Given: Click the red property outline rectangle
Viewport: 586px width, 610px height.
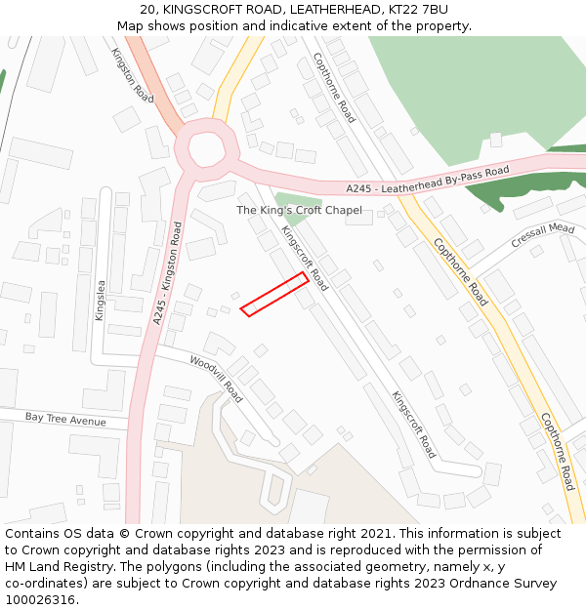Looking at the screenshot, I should click(274, 295).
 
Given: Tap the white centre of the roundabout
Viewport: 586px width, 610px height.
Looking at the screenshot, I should click(207, 148).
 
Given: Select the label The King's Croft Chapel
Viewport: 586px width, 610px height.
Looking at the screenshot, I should click(299, 210).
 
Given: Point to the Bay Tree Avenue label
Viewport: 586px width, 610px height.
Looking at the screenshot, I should click(65, 420).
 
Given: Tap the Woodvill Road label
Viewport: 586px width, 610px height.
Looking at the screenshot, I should click(216, 379).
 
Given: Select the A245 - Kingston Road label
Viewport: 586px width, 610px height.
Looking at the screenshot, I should click(167, 274).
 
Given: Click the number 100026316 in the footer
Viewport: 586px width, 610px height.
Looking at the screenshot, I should click(40, 600).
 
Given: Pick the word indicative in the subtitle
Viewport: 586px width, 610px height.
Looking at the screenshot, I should click(308, 25).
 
